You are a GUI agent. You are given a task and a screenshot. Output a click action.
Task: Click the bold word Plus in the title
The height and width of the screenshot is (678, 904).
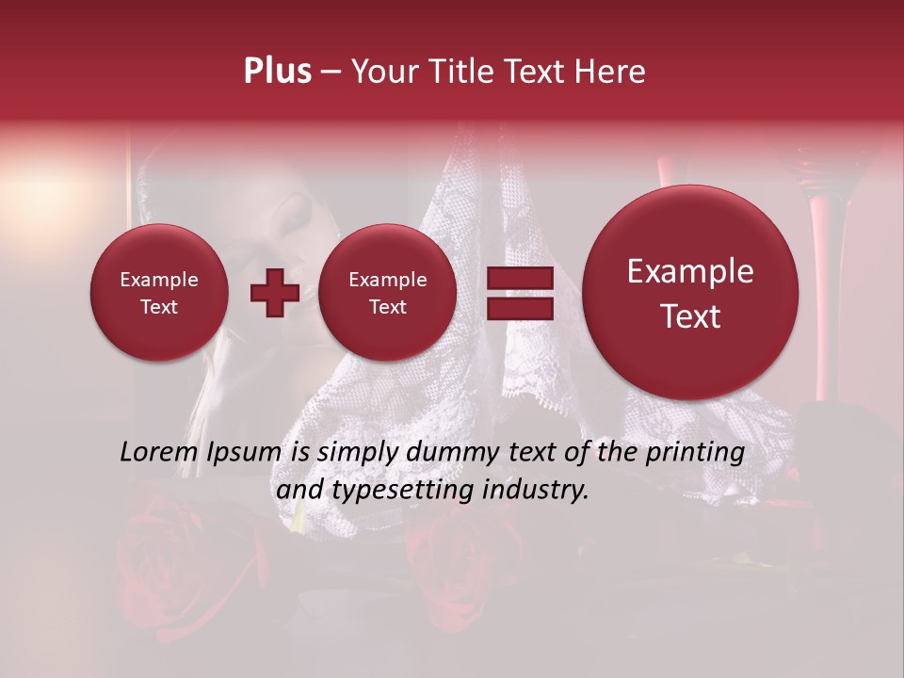pyautogui.click(x=277, y=72)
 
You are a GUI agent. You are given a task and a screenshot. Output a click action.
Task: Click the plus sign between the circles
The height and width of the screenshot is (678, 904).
pyautogui.click(x=274, y=292)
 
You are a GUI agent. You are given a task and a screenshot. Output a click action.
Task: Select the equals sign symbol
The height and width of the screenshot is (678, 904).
pyautogui.click(x=519, y=292)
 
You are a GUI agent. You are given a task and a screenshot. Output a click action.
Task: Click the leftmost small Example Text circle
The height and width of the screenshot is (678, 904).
pyautogui.click(x=158, y=292)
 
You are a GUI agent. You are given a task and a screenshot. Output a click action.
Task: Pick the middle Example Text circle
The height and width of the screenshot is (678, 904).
pyautogui.click(x=387, y=292)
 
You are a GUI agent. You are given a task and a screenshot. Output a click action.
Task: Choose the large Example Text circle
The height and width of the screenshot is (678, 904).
pyautogui.click(x=690, y=292)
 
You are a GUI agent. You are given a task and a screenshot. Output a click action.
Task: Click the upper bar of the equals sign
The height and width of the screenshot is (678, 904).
pyautogui.click(x=519, y=279)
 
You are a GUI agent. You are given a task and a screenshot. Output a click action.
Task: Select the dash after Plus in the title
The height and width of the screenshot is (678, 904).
pyautogui.click(x=331, y=73)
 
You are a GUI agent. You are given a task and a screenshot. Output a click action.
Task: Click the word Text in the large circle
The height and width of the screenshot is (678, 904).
pyautogui.click(x=690, y=316)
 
